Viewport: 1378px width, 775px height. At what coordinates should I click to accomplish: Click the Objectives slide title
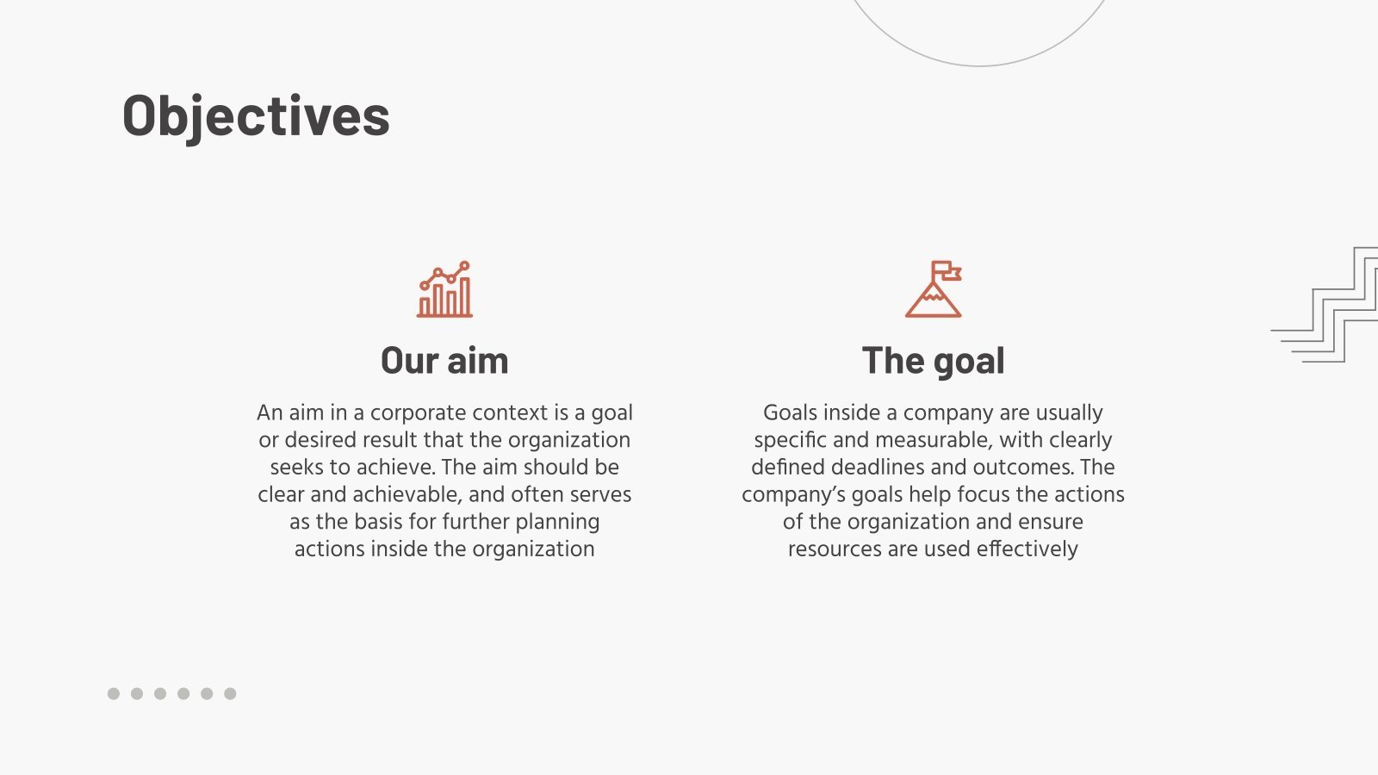[256, 116]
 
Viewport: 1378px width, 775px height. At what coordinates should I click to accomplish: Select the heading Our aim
[444, 361]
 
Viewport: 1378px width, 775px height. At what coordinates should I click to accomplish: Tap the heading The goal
[933, 361]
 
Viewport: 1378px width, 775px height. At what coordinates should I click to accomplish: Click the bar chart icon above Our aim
[444, 290]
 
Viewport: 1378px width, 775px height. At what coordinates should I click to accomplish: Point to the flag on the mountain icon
[945, 270]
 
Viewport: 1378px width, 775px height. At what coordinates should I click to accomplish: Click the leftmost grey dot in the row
[114, 693]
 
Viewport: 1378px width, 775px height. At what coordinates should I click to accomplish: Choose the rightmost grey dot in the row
[230, 693]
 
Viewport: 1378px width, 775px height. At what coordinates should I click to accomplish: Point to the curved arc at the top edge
[979, 65]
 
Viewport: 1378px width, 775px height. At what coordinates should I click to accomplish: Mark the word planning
[557, 522]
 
